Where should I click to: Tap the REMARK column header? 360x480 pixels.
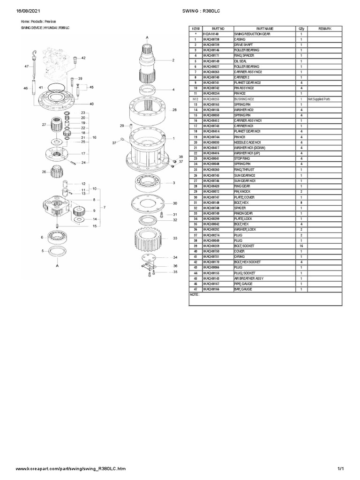[x=325, y=29]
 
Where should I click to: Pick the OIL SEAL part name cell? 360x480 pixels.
[x=242, y=61]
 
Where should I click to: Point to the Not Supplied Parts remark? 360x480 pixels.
[x=319, y=99]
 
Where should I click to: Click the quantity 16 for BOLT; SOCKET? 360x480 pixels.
[x=301, y=246]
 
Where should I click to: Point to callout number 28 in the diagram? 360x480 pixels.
[x=174, y=110]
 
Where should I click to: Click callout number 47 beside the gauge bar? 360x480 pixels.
[x=27, y=67]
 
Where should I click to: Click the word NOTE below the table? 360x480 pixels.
[x=195, y=295]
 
